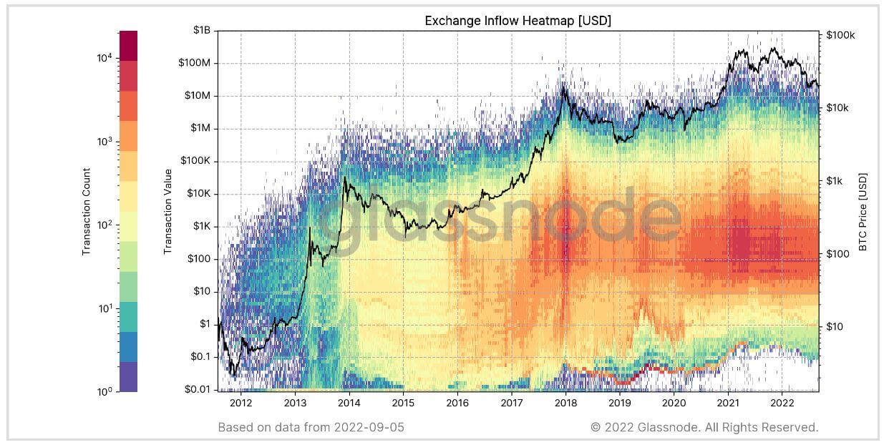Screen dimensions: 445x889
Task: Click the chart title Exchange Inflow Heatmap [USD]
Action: (518, 21)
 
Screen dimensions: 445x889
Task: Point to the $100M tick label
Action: (193, 63)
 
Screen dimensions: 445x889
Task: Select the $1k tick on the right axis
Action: (835, 181)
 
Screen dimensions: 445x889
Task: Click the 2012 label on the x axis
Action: (241, 402)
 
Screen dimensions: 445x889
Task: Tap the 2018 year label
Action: (565, 402)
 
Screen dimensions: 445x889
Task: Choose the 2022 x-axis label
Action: (782, 402)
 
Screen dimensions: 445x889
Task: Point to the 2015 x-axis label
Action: (403, 402)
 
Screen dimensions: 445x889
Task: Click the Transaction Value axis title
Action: (168, 211)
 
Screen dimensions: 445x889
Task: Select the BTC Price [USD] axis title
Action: (863, 211)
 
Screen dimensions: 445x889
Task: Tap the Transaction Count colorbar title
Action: (86, 211)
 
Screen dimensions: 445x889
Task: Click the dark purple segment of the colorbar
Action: (128, 377)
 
